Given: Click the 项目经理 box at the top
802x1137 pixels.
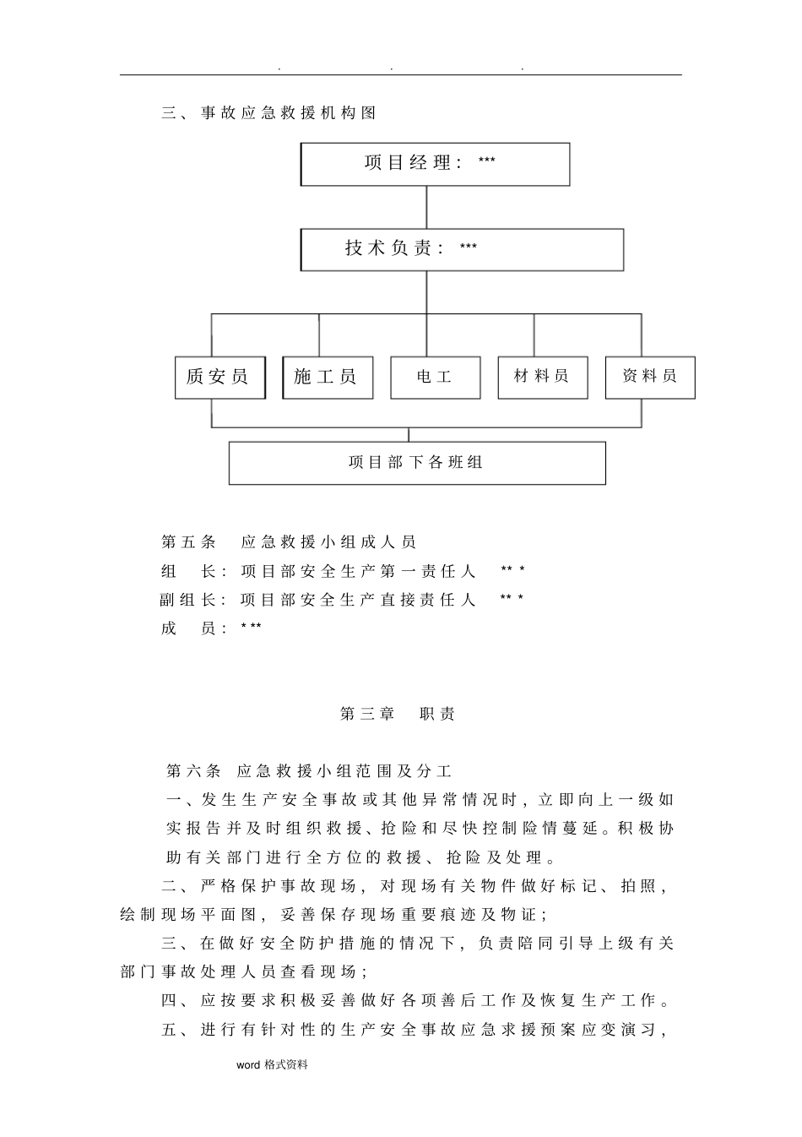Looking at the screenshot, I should tap(435, 164).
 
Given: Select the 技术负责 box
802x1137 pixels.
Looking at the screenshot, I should tap(462, 249).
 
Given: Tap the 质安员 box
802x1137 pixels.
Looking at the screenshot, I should tap(219, 377).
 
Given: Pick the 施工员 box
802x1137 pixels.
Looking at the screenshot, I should tap(327, 377).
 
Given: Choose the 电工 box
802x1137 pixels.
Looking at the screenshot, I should tap(435, 377).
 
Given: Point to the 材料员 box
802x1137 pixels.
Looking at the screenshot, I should tap(542, 377).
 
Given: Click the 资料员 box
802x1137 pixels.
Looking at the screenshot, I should tap(649, 377).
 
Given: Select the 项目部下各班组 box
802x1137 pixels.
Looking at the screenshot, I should tap(417, 463).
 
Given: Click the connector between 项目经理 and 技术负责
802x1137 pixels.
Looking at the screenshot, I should tap(426, 207).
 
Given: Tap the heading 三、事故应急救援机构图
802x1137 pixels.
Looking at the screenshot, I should tap(268, 112).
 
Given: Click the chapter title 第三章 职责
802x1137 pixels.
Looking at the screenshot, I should tap(397, 714).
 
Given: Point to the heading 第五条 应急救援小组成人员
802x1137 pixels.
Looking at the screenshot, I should tap(289, 542).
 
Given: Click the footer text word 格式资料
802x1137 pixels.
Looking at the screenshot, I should tap(272, 1065).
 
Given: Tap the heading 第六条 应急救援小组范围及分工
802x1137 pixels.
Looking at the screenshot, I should tap(309, 770).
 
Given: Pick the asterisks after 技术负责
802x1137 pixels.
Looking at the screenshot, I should tap(469, 248).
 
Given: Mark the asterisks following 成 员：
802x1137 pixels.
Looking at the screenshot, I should tap(251, 628).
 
